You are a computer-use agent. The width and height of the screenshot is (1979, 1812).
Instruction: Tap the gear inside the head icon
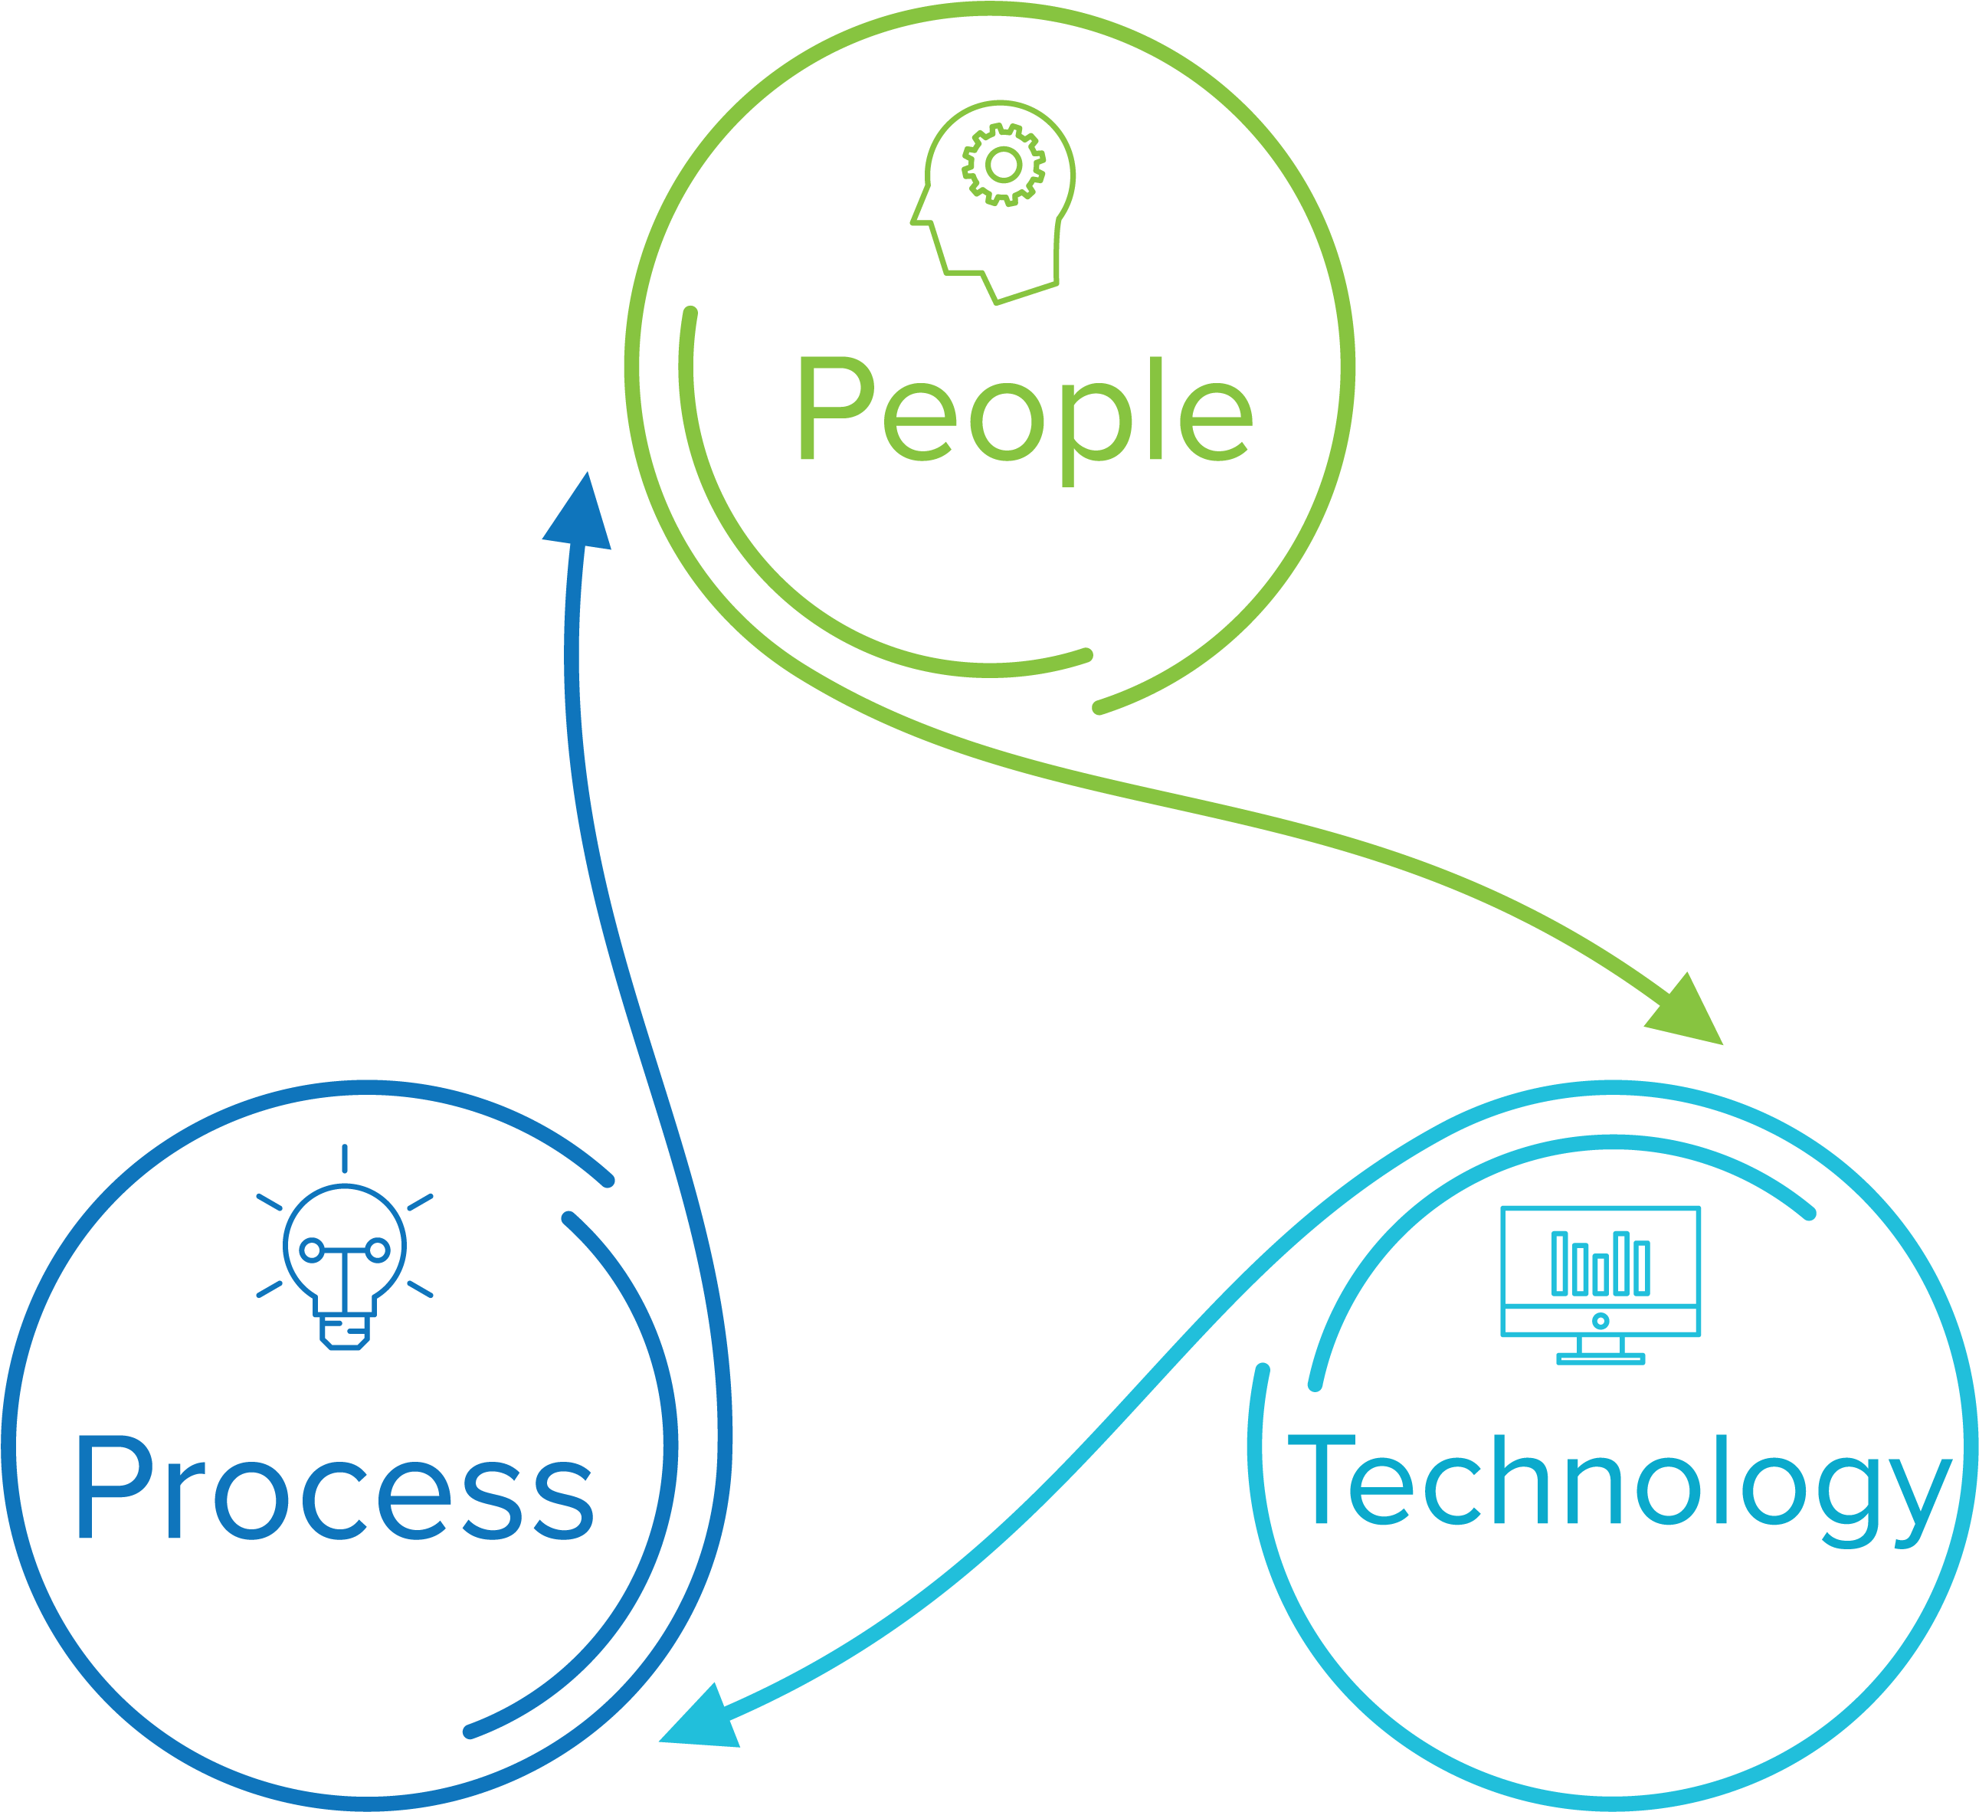[1002, 165]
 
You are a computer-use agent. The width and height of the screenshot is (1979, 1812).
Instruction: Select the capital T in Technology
[1320, 1478]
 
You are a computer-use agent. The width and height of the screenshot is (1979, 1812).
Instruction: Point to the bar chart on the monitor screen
[1600, 1263]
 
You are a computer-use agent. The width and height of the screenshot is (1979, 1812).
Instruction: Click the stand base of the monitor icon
[1600, 1359]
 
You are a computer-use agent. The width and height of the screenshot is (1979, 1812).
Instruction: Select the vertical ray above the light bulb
[345, 1158]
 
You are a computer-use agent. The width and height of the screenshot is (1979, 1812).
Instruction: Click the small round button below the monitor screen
[1600, 1321]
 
